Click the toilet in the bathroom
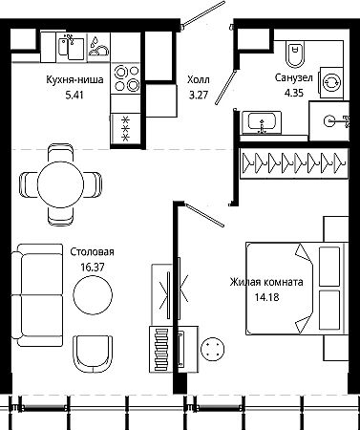[295, 54]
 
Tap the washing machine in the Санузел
[331, 83]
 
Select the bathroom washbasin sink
[262, 122]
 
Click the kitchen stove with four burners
[127, 78]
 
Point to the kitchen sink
[73, 48]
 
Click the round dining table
[60, 184]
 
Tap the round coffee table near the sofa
[93, 294]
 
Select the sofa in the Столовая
[37, 295]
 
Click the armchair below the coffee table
[93, 354]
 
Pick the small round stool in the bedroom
[212, 350]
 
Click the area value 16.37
[93, 267]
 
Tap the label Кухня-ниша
[74, 79]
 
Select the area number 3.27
[199, 95]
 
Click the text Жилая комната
[266, 282]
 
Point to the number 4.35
[294, 93]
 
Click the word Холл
[199, 79]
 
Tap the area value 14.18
[266, 297]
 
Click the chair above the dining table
[60, 154]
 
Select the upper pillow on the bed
[329, 267]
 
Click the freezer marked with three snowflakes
[126, 129]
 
